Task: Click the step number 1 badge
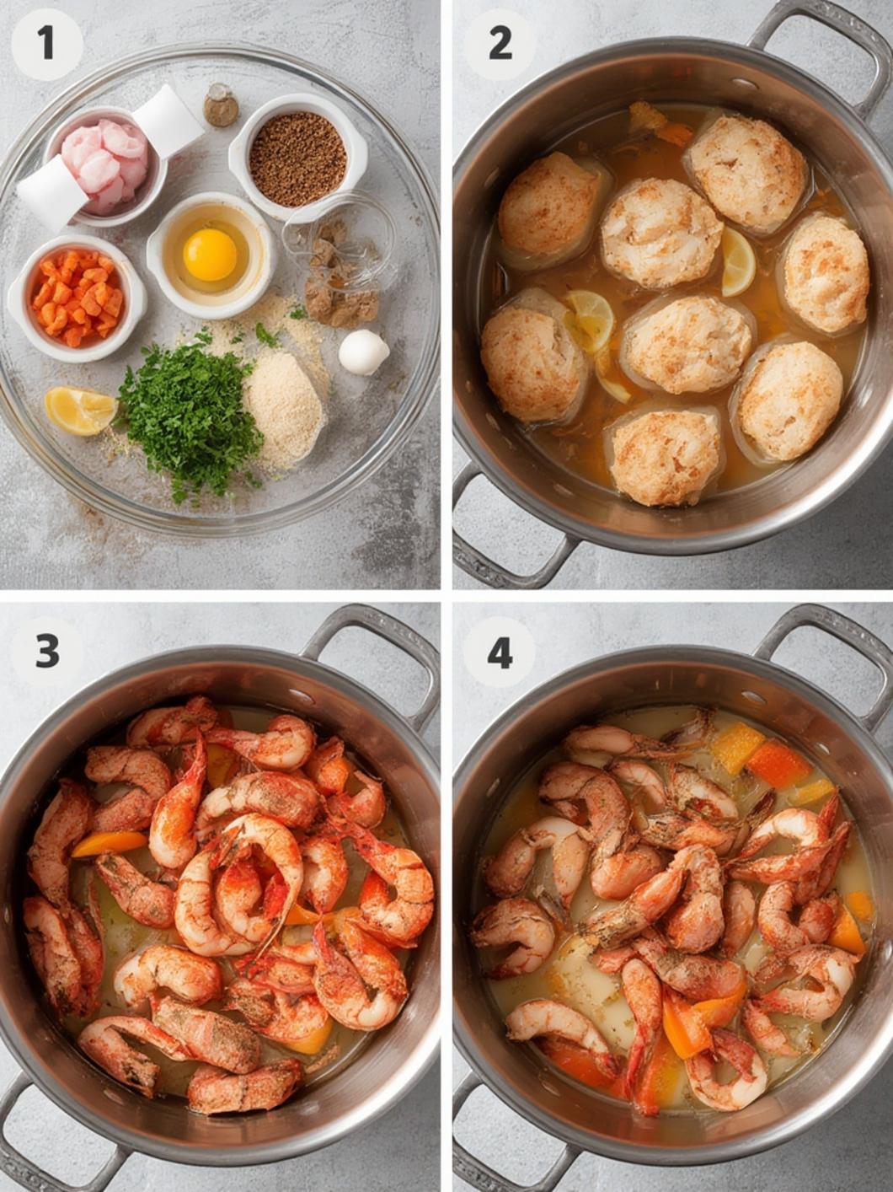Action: pyautogui.click(x=46, y=45)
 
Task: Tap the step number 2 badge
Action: pyautogui.click(x=500, y=45)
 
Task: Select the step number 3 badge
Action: pyautogui.click(x=46, y=652)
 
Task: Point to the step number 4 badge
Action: pyautogui.click(x=500, y=652)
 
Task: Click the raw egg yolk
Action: pyautogui.click(x=210, y=255)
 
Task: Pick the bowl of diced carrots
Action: pyautogui.click(x=77, y=298)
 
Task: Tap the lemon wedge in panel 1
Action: pyautogui.click(x=80, y=411)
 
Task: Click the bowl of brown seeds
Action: pyautogui.click(x=298, y=158)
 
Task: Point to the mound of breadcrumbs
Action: pyautogui.click(x=284, y=405)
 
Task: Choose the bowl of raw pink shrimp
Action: pyautogui.click(x=105, y=165)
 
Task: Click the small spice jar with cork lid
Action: pyautogui.click(x=221, y=105)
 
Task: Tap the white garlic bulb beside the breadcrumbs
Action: pyautogui.click(x=363, y=352)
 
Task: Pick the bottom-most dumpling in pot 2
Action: pyautogui.click(x=666, y=456)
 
